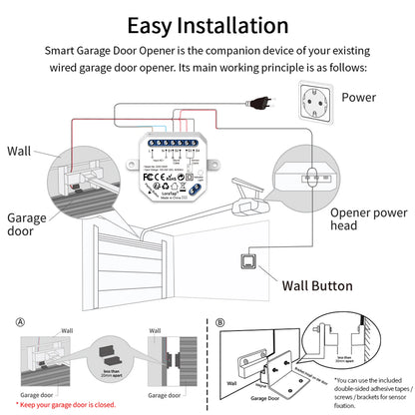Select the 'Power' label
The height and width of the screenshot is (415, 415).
tap(358, 98)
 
